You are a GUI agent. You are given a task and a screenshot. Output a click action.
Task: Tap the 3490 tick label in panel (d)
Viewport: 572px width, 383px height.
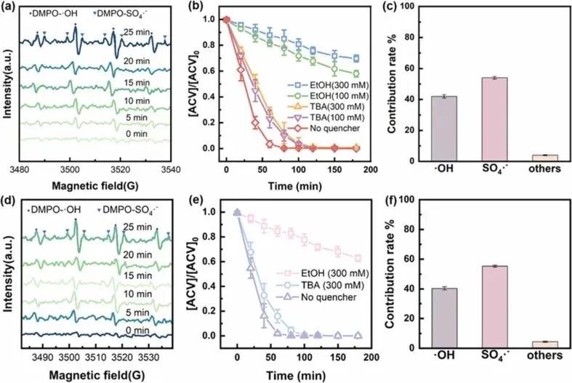coord(43,358)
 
